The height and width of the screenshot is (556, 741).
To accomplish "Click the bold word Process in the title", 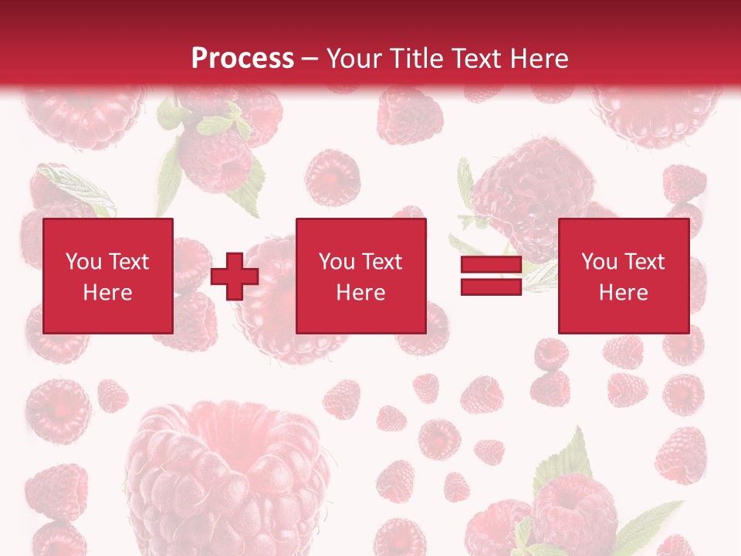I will click(242, 59).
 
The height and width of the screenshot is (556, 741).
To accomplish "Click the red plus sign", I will click(235, 276).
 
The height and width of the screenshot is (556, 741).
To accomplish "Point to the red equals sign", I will click(491, 276).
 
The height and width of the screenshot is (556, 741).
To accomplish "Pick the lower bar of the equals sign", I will click(491, 286).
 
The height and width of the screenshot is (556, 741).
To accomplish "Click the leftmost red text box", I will click(108, 276).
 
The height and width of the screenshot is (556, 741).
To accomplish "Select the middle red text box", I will click(360, 276).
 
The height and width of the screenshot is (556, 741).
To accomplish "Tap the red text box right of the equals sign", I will click(623, 276).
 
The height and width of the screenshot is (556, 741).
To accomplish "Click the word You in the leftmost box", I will click(83, 262).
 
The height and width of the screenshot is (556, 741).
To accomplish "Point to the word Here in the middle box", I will click(360, 293).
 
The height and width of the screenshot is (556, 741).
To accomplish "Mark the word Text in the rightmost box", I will click(644, 262).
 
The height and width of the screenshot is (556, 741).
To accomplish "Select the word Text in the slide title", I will click(472, 59).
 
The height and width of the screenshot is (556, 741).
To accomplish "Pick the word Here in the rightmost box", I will click(623, 293).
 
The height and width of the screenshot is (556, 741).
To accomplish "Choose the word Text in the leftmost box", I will click(128, 262).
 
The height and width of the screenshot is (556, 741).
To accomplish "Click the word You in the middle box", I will click(337, 262).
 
